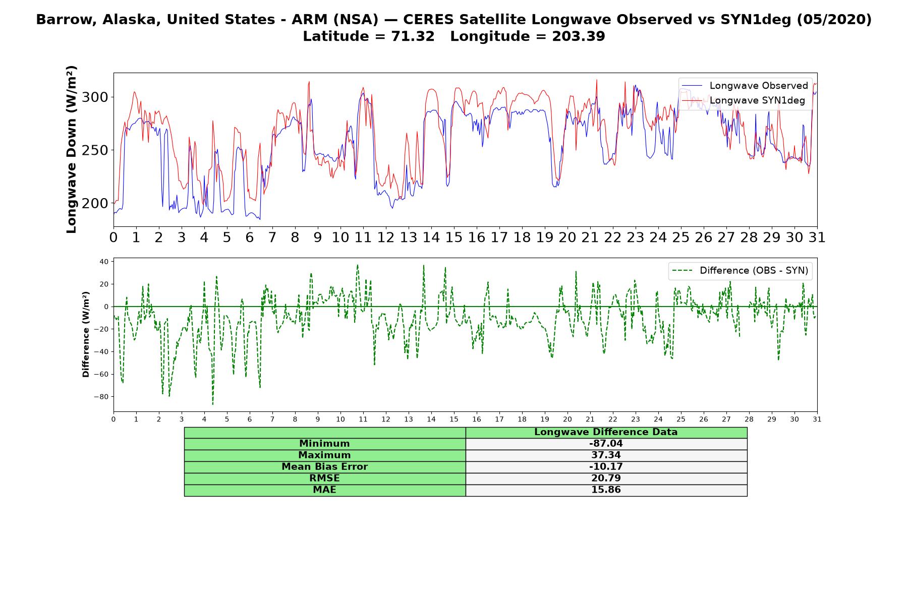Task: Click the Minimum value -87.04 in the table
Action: pos(606,444)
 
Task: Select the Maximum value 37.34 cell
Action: pos(606,455)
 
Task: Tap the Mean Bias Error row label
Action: pos(324,467)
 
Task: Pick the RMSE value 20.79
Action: pos(606,478)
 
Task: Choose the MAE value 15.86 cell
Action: pos(606,490)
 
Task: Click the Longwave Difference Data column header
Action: pos(606,432)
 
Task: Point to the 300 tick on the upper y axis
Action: pos(95,97)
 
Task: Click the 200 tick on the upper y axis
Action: pos(95,203)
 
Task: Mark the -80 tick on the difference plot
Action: pos(101,397)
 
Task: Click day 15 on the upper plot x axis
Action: pos(454,237)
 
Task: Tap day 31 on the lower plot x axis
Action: pos(817,419)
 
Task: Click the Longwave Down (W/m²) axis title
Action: pos(71,149)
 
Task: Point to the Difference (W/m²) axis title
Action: pos(86,334)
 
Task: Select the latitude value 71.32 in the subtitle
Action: pos(413,36)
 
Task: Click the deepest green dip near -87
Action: pos(213,404)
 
